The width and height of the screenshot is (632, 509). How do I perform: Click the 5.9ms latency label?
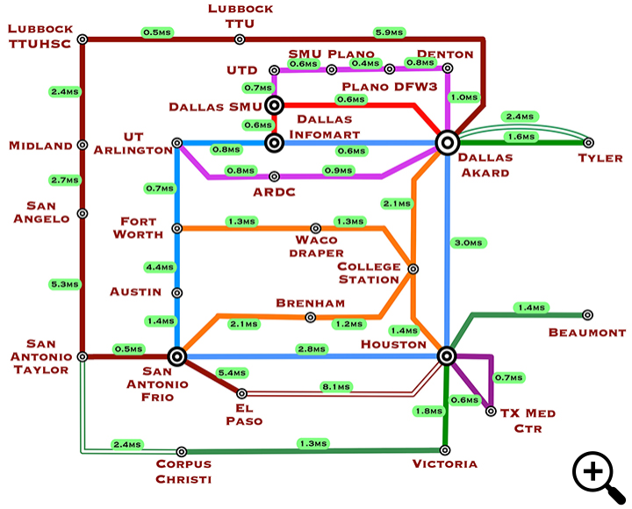click(x=389, y=32)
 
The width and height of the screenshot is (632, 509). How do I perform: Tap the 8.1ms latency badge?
click(x=336, y=385)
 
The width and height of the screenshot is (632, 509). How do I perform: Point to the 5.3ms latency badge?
click(x=65, y=284)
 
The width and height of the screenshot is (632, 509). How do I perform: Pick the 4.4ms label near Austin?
click(x=160, y=267)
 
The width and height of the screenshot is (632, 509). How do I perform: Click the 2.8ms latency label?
click(x=312, y=349)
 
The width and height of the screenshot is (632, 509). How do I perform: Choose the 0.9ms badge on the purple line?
click(x=338, y=170)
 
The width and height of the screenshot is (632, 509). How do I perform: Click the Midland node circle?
click(x=82, y=146)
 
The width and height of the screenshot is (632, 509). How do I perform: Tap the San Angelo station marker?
click(x=82, y=213)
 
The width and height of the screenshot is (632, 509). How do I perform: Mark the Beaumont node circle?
click(x=587, y=315)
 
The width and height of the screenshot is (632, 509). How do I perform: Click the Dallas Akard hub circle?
click(x=447, y=142)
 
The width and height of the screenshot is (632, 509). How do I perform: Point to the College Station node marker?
click(x=413, y=269)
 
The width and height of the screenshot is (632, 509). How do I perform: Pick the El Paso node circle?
click(x=242, y=394)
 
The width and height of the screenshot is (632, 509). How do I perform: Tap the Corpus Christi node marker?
click(x=182, y=452)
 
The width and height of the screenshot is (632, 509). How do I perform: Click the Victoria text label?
click(x=446, y=464)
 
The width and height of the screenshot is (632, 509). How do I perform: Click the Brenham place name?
click(x=310, y=303)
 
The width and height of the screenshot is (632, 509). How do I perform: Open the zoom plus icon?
click(x=592, y=471)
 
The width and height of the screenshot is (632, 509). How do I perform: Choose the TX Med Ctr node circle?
click(x=491, y=410)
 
